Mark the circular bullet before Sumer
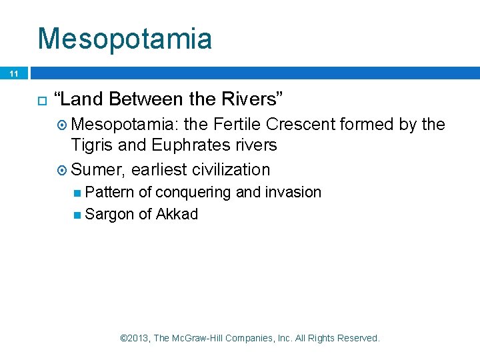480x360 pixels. pos(63,170)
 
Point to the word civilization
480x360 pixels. pos(231,169)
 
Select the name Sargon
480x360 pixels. pos(109,214)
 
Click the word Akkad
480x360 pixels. pos(177,214)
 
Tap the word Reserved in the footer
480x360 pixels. pos(358,338)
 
